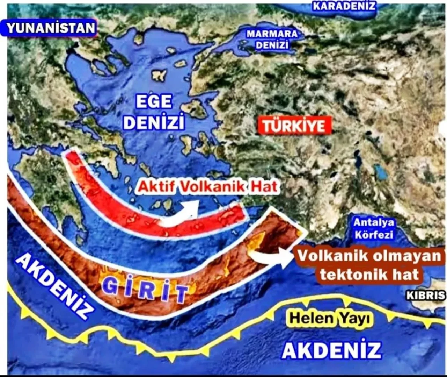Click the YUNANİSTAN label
[50, 28]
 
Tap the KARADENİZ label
[344, 6]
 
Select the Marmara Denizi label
[272, 39]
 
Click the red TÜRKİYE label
[294, 126]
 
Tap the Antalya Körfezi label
[374, 228]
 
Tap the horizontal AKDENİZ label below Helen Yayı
[331, 350]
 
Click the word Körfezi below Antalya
[374, 234]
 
